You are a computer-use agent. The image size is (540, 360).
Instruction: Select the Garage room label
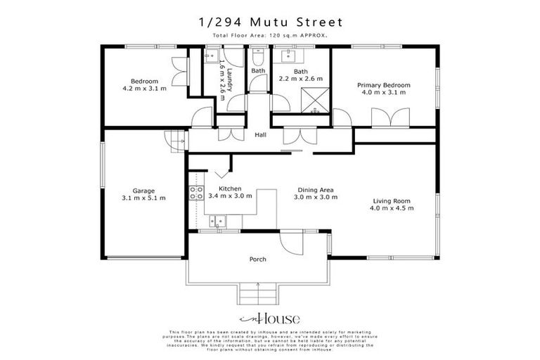click(143, 191)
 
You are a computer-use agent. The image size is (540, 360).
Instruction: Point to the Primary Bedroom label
click(384, 84)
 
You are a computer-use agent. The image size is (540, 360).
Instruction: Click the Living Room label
click(392, 201)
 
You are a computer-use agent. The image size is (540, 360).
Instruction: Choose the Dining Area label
click(315, 190)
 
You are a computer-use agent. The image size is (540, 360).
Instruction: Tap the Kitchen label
click(231, 188)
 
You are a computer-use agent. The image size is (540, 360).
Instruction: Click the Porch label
click(258, 259)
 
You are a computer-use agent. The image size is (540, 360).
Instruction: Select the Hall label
click(260, 134)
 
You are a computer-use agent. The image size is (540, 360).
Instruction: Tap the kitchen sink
click(219, 221)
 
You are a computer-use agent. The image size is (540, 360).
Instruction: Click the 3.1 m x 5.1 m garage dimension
click(143, 199)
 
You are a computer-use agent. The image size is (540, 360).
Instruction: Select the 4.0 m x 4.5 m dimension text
click(392, 209)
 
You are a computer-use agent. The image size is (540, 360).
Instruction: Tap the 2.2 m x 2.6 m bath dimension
click(301, 79)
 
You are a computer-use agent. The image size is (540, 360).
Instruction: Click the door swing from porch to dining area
click(289, 243)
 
